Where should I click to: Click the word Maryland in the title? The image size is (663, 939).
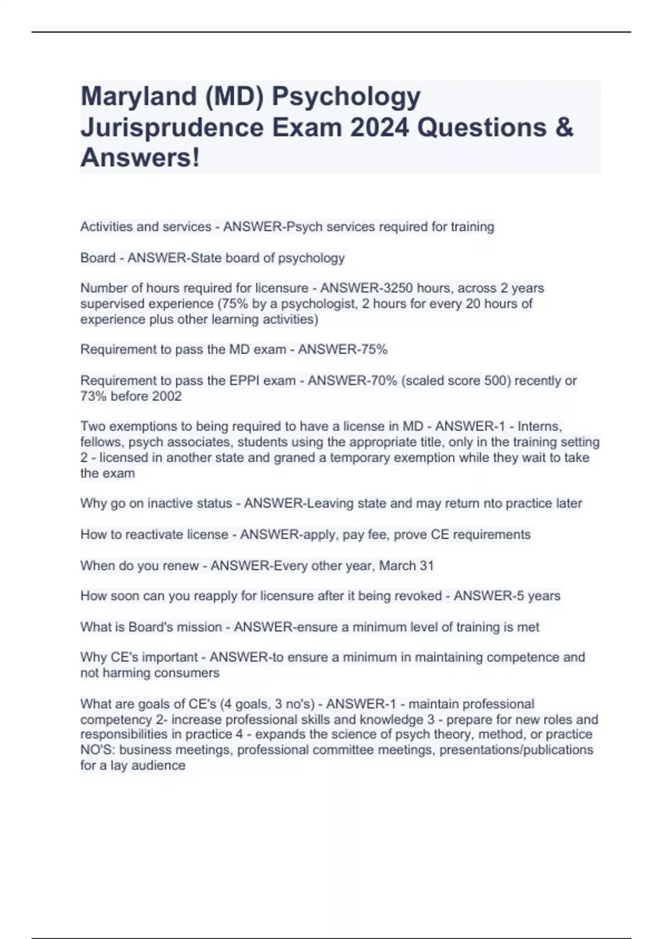(x=139, y=97)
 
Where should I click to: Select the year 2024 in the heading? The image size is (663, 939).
(x=379, y=128)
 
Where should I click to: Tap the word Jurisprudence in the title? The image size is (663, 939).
(x=172, y=128)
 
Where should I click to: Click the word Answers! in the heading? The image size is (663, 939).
(x=140, y=159)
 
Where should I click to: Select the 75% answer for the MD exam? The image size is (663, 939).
(x=374, y=350)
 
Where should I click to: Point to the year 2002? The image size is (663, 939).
(x=166, y=396)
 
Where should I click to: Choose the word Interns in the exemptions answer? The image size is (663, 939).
(x=539, y=426)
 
